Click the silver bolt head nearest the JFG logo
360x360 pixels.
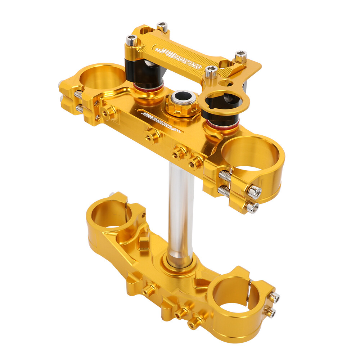click(132, 40)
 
